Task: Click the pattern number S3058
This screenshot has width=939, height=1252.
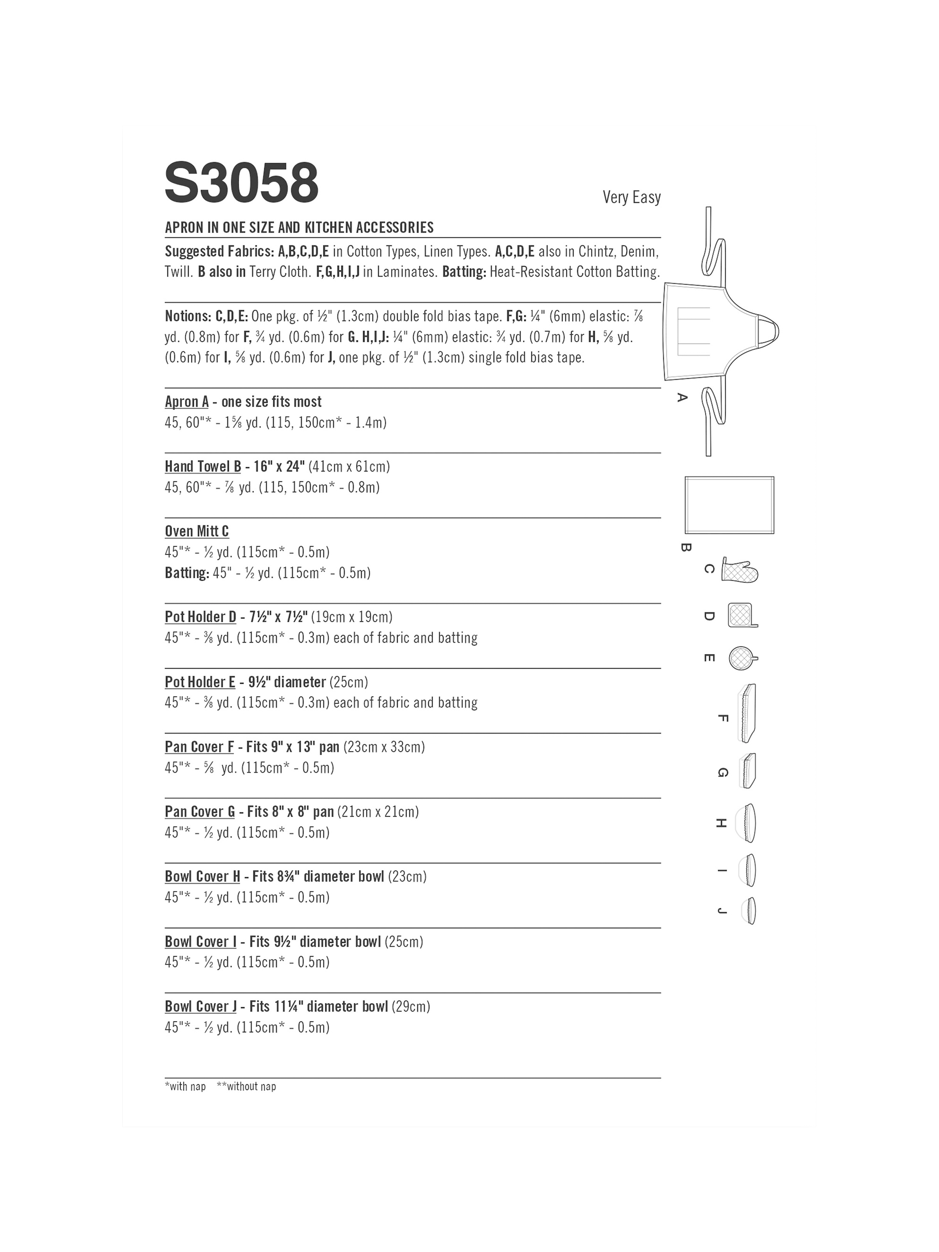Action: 242,183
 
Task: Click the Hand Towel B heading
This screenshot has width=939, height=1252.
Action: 203,467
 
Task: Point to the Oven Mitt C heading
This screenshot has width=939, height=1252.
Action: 197,532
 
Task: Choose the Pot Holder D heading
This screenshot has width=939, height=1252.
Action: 200,617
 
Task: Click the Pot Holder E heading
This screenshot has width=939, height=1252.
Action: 200,682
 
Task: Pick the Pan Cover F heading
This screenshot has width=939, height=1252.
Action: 199,747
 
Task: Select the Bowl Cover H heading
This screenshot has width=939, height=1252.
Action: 202,877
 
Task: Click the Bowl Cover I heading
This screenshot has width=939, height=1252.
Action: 200,942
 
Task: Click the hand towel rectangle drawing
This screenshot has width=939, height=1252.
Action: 729,505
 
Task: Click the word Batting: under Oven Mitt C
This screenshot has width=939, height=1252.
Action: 187,573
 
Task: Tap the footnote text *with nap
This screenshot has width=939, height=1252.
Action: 185,1086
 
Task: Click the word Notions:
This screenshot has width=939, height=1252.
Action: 188,316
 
